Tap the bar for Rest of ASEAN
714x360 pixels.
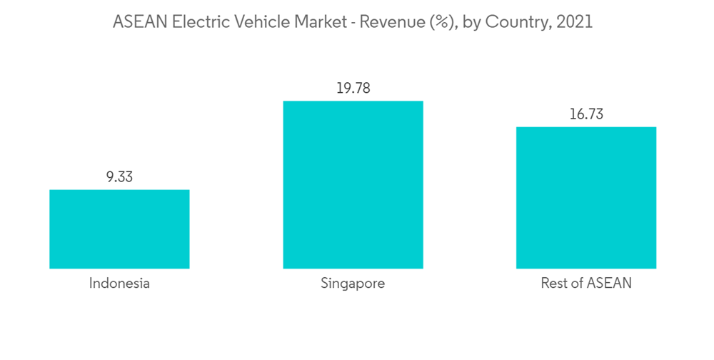pos(586,198)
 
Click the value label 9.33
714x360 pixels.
pos(119,177)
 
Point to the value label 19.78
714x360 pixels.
pos(353,89)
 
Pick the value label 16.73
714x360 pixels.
pos(586,115)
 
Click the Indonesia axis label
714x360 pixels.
pos(119,284)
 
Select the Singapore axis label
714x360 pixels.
pos(353,284)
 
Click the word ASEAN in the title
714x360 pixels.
pos(139,22)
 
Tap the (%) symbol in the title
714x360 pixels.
pos(438,22)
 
